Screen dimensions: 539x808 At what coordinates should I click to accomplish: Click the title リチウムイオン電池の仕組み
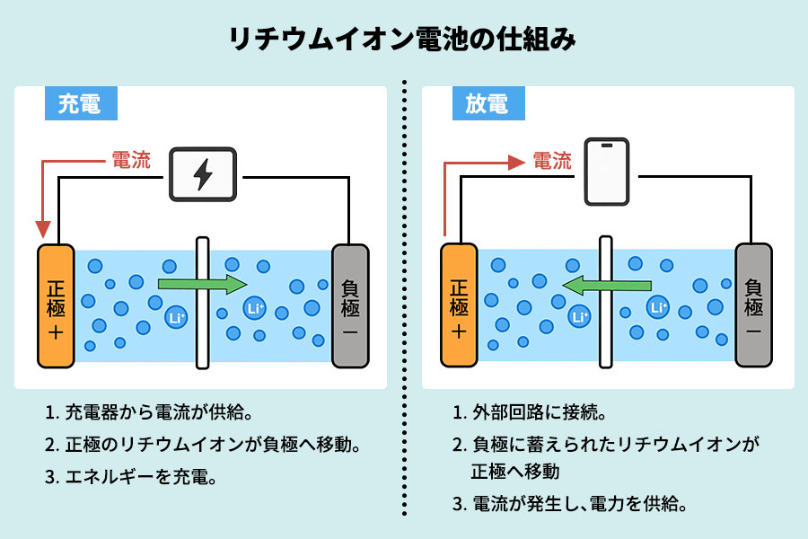pos(403,40)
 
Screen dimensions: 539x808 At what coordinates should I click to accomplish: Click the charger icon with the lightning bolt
pos(203,173)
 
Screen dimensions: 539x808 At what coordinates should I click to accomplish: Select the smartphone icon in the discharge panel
pos(608,171)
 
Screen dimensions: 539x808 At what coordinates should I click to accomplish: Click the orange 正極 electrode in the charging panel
pos(56,305)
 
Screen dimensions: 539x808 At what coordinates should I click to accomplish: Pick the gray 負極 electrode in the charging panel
pos(350,305)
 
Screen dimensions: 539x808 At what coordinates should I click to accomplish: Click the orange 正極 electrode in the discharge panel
pos(459,305)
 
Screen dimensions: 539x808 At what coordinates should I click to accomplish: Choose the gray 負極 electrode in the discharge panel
pos(753,305)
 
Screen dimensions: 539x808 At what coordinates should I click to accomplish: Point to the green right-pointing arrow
pos(202,285)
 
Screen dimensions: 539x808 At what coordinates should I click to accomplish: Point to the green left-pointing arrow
pos(606,286)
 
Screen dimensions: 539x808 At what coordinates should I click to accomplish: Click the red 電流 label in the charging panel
pos(131,161)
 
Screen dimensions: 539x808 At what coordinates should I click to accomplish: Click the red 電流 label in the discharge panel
pos(551,161)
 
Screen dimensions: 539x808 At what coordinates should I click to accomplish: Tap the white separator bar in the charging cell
pos(202,303)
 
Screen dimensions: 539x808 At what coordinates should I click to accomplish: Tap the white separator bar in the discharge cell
pos(606,303)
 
